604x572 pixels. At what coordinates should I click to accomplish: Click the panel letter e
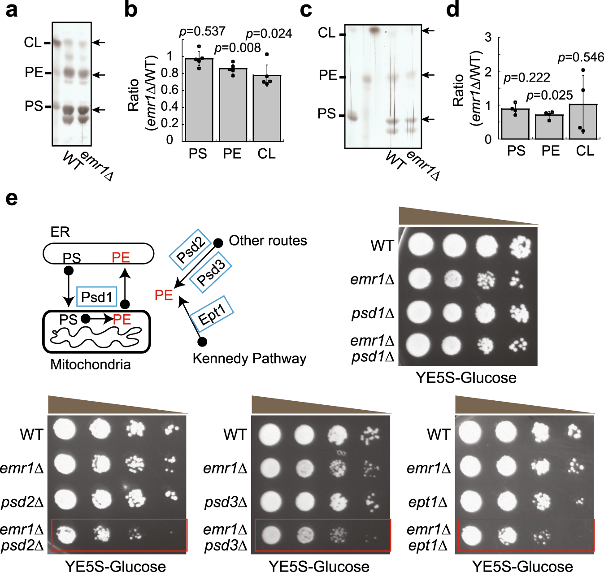12,198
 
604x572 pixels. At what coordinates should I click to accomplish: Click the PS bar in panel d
515,124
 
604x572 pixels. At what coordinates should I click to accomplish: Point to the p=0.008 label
237,48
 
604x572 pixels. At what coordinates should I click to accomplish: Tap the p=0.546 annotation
581,57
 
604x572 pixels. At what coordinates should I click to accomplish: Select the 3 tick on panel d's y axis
488,37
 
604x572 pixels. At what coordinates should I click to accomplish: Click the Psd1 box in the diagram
96,297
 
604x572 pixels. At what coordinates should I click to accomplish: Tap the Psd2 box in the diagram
190,249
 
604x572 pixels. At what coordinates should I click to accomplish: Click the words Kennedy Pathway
249,359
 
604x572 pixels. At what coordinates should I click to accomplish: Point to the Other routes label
268,241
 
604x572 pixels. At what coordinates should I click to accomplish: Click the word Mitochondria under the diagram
90,364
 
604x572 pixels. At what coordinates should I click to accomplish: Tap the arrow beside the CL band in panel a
99,43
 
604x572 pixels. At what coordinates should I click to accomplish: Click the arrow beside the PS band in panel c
429,119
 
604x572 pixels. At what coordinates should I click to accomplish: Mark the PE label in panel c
328,75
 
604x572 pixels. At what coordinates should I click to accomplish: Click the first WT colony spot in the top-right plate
420,244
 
